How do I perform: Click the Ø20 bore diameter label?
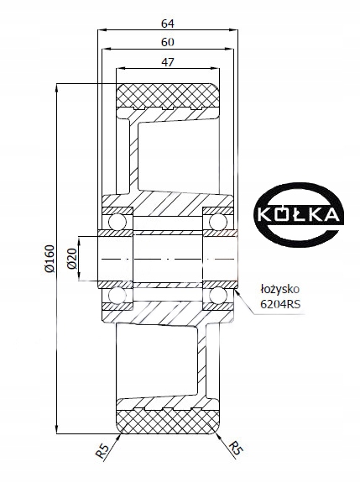point(73,258)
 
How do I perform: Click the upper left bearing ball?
point(116,220)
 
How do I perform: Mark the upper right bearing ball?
point(218,220)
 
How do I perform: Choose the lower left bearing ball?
point(116,296)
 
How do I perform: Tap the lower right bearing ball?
point(218,296)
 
